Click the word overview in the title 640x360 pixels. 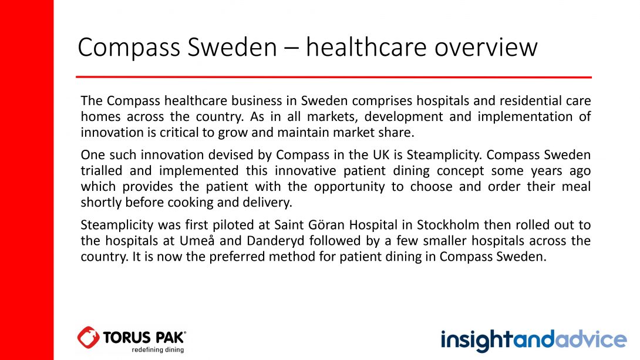(486, 48)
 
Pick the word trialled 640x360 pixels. (101, 171)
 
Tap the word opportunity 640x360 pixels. (349, 187)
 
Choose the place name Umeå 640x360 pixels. (197, 240)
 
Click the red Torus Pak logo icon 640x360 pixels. (88, 338)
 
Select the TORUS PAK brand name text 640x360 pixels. (144, 338)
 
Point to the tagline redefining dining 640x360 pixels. (157, 350)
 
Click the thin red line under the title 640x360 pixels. (334, 77)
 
